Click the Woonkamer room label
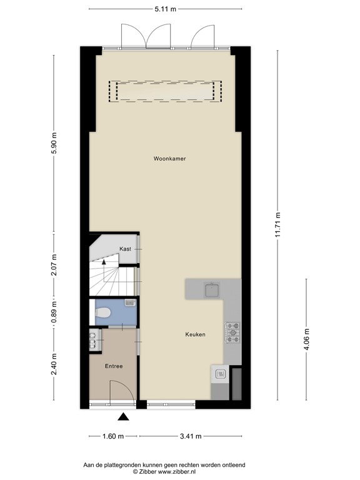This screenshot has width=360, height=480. click(169, 159)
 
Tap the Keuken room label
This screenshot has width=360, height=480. click(195, 335)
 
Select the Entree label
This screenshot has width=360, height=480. click(113, 366)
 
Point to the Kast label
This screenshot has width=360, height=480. click(125, 249)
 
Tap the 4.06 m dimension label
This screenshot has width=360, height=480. click(306, 339)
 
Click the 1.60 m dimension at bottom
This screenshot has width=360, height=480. click(112, 436)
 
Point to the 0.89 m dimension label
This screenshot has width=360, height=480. click(54, 312)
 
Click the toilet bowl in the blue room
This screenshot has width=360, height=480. click(103, 312)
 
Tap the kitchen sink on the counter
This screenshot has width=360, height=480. click(211, 289)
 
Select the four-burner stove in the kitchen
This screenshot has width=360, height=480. click(232, 332)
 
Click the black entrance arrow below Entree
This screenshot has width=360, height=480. click(124, 417)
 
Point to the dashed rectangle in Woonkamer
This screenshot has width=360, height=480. click(166, 91)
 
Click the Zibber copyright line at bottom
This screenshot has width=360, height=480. click(164, 472)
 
